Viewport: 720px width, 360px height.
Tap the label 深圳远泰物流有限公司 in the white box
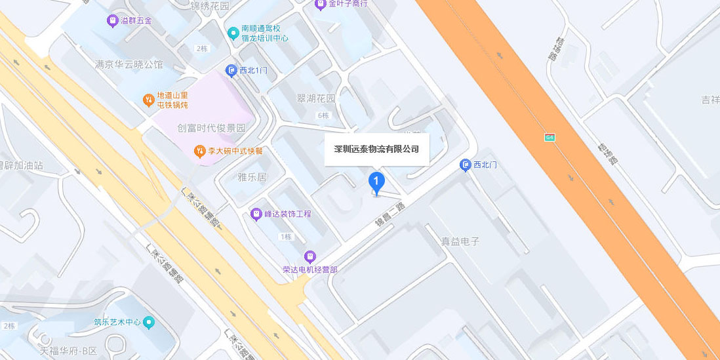click(376, 150)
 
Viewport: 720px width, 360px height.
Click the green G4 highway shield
click(550, 137)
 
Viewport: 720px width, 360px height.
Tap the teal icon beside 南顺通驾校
click(232, 33)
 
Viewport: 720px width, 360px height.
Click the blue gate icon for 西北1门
click(231, 70)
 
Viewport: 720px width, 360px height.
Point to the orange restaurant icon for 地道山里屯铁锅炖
click(148, 100)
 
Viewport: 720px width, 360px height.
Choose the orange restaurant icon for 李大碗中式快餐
click(199, 151)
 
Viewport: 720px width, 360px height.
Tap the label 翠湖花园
click(316, 98)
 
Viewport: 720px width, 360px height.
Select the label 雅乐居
click(252, 177)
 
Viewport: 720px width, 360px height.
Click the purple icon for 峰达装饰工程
click(256, 214)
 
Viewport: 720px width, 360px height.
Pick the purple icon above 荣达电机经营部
click(310, 256)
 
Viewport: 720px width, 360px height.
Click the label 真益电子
click(460, 241)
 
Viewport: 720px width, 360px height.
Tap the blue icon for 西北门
click(466, 165)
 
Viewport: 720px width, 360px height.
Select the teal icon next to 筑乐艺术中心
click(150, 322)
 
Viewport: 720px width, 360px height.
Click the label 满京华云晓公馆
click(129, 64)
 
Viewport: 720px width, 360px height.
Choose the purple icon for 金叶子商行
click(320, 5)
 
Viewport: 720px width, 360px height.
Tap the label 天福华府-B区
click(68, 351)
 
